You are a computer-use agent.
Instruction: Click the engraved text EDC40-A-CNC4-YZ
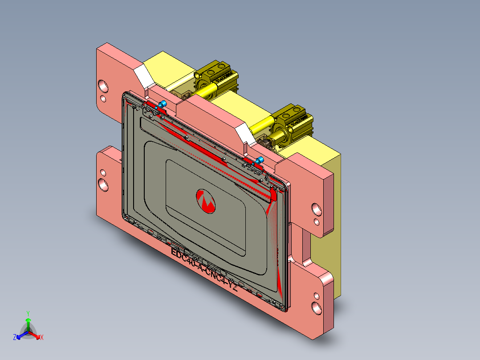[204, 270]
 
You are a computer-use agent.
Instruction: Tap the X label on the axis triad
[41, 338]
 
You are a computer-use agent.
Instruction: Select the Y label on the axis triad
[28, 313]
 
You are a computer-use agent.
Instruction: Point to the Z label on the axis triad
[15, 338]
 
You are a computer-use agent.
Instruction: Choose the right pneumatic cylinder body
[296, 119]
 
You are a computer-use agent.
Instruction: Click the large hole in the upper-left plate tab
[103, 85]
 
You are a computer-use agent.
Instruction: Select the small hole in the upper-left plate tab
[103, 98]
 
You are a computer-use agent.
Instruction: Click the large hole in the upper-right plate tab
[316, 209]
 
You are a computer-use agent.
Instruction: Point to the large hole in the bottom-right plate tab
[316, 307]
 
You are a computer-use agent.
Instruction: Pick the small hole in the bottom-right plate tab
[316, 295]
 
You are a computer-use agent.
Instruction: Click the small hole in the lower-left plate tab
[103, 172]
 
